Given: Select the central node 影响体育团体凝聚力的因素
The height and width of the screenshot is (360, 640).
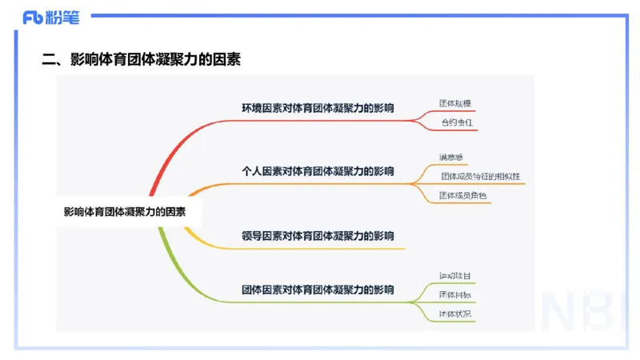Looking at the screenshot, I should (x=124, y=212).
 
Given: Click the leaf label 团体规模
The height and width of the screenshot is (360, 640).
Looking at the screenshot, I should (x=457, y=103).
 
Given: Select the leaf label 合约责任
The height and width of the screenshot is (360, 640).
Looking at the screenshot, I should (x=457, y=122).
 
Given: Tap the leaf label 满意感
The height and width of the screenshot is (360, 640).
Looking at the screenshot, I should (x=450, y=157).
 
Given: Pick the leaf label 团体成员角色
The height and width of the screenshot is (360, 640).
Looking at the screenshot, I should (x=463, y=195).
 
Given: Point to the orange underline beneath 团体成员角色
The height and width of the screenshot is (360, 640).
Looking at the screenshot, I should (x=463, y=203).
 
